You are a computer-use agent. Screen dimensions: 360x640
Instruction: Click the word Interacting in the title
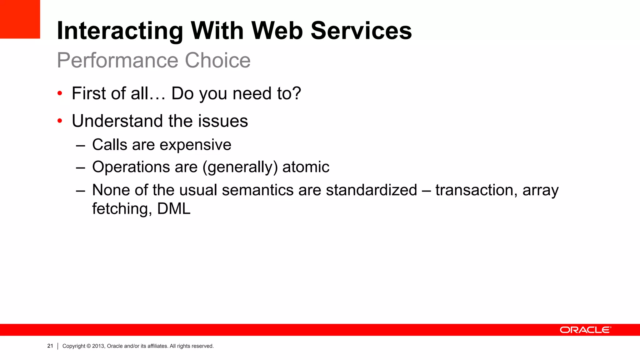click(120, 31)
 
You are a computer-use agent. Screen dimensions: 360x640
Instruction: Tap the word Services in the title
click(361, 31)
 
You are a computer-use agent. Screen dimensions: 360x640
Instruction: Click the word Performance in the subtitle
click(117, 60)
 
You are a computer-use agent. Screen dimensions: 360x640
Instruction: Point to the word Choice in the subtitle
click(217, 60)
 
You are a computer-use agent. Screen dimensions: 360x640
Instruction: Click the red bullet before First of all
click(60, 93)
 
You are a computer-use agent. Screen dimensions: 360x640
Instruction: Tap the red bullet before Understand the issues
click(60, 121)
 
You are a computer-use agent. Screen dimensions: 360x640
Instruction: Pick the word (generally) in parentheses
click(240, 167)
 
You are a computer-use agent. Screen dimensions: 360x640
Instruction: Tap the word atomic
click(306, 167)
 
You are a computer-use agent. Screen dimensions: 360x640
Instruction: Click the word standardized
click(371, 190)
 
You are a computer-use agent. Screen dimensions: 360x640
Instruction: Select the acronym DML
click(174, 209)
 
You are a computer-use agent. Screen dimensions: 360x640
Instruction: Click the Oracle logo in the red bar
click(585, 330)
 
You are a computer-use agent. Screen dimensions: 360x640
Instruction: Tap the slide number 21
click(50, 346)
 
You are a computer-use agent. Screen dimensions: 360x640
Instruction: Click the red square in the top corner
click(20, 19)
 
